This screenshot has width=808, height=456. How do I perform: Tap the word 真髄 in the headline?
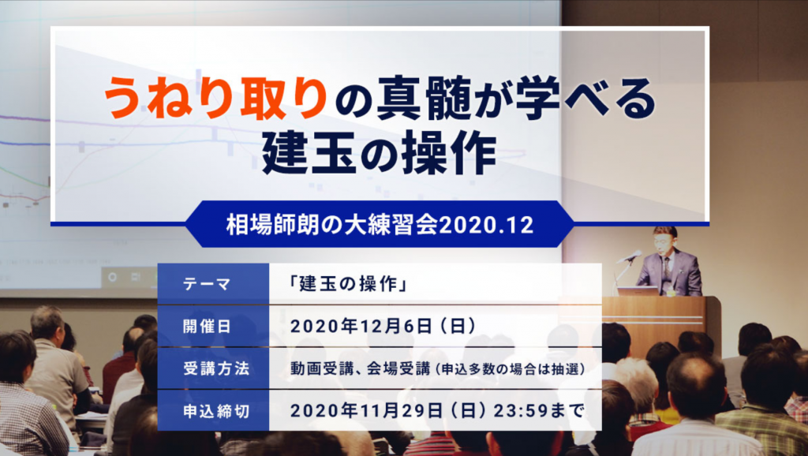coord(424,98)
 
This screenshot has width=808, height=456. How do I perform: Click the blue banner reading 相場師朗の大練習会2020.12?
coord(380,225)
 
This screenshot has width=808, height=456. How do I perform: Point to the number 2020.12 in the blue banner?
coord(486,225)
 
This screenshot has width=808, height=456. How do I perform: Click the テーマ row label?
coord(207,284)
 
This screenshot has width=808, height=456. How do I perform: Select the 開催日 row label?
coord(207,326)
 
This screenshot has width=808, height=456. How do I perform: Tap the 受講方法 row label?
coord(216,368)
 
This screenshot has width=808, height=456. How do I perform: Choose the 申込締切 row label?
coord(216,411)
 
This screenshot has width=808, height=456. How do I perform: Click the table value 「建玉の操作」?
coord(349,284)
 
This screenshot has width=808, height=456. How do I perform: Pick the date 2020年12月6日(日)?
coord(383,326)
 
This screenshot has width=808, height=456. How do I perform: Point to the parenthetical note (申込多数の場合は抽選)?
coord(510,369)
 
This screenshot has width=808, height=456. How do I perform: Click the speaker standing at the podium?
coord(668,262)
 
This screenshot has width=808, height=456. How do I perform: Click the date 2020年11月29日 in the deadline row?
coord(366,411)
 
